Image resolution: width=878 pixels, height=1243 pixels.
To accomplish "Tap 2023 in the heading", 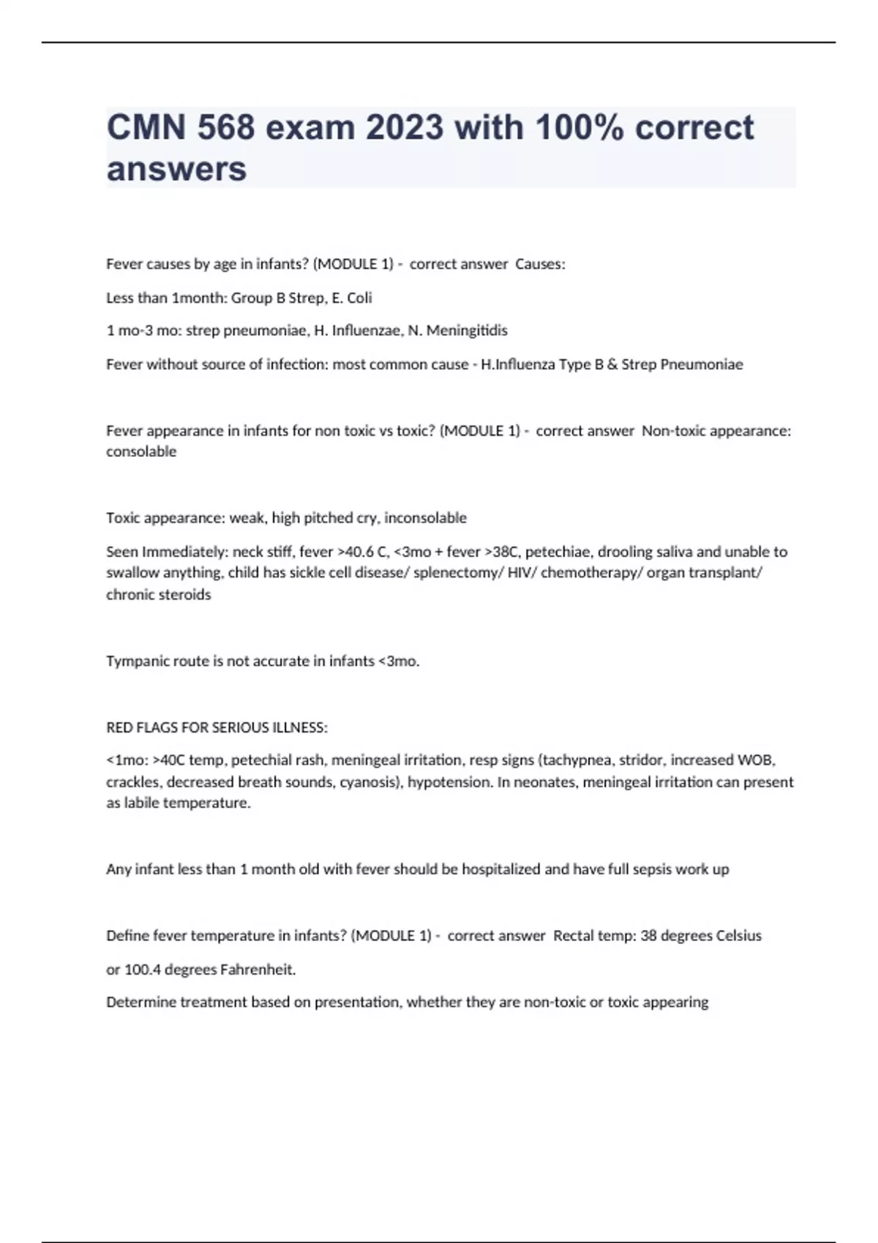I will pos(405,128).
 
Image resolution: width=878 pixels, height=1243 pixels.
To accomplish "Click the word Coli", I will pos(359,298).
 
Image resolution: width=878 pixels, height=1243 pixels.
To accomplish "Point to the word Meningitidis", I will pos(467,330).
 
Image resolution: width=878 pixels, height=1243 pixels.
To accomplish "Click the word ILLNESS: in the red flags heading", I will pos(299,728).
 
